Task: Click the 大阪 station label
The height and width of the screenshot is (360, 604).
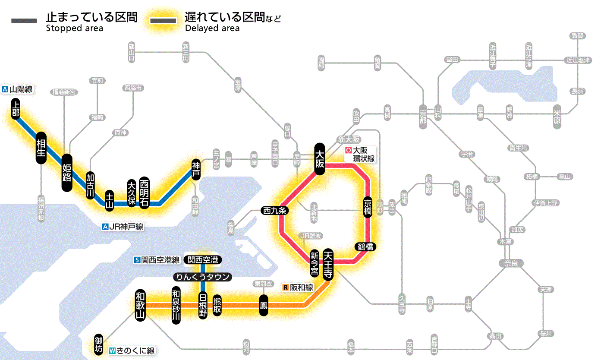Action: click(320, 159)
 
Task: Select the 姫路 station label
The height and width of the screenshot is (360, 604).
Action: click(67, 173)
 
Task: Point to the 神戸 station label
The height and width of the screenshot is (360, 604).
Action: click(196, 170)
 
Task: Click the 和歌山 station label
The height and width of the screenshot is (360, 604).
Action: click(140, 305)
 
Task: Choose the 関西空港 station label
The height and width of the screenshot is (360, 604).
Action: click(203, 260)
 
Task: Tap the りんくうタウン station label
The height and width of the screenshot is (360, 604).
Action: click(202, 277)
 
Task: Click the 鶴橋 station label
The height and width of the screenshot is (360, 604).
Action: click(365, 247)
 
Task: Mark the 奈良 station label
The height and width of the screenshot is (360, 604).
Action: click(511, 263)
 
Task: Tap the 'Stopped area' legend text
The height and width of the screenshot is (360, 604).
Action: click(75, 28)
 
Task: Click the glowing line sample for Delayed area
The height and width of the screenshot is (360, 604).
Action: click(163, 21)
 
